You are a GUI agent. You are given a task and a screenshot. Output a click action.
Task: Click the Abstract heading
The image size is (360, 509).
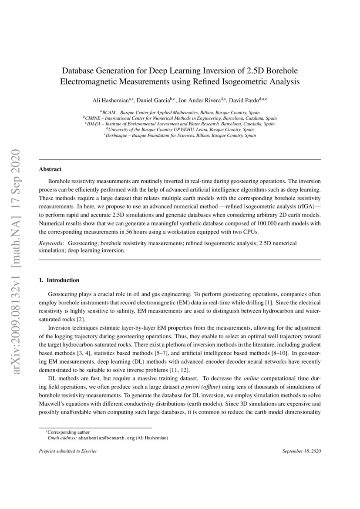pos(50,169)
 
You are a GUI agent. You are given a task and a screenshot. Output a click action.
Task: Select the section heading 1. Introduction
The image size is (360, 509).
pos(59,280)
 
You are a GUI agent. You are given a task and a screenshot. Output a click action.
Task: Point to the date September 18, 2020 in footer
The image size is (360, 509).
pos(301,451)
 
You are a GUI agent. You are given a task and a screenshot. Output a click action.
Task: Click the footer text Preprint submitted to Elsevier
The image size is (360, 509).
pos(68,451)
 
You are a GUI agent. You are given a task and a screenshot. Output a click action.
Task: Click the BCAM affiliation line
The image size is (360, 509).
pos(180,112)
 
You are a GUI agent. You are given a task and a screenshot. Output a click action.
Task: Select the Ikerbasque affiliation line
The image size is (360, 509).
pos(180,135)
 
